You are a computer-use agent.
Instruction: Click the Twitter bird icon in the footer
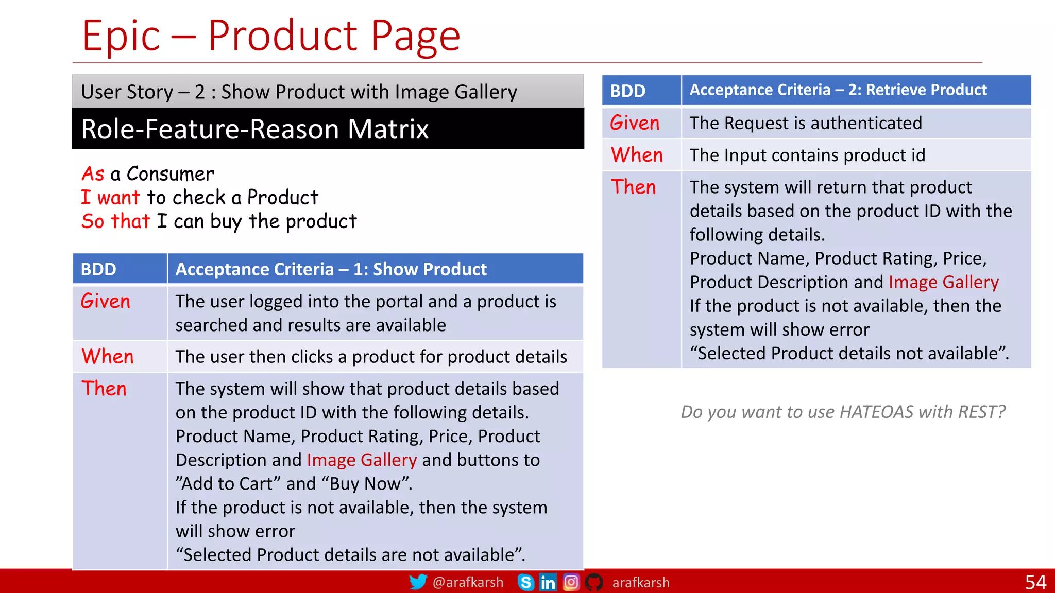pos(418,582)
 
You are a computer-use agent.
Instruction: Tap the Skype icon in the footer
pos(525,582)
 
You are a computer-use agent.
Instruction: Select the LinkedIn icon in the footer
pos(548,582)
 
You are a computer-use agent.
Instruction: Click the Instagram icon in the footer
pos(571,582)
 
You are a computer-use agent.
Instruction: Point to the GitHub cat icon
pos(594,582)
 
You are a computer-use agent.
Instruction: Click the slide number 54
pos(1035,582)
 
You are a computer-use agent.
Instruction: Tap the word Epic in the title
pos(121,36)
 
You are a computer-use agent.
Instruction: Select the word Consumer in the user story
pos(171,174)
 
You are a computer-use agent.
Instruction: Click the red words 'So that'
pos(115,221)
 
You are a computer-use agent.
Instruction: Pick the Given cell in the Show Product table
pos(106,302)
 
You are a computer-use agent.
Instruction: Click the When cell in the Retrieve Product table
pos(637,155)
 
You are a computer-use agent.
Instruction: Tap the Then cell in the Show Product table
pos(104,389)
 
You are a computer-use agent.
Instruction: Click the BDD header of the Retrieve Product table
pos(627,91)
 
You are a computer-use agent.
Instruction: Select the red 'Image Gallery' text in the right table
pos(943,282)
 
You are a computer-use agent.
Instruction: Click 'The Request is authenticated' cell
pos(806,123)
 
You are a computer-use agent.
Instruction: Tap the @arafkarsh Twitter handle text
pos(468,582)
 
